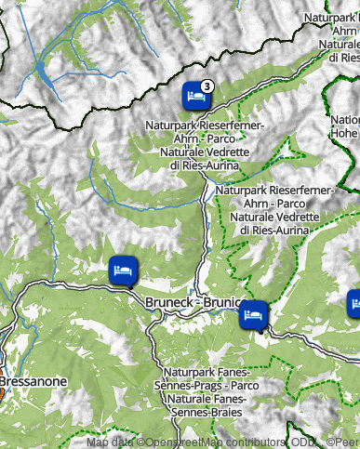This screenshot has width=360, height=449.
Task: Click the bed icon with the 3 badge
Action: coord(195,96)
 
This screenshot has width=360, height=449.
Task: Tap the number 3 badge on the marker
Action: coord(207,85)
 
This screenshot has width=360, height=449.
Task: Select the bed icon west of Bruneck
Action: coord(122,270)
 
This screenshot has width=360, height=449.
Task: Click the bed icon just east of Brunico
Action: coord(252,316)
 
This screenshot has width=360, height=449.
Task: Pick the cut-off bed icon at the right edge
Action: coord(354,303)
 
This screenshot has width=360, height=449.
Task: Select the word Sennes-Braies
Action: coord(205,411)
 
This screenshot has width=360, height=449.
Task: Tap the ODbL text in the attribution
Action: coord(304,442)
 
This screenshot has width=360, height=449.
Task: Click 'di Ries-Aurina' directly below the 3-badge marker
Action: coord(205,165)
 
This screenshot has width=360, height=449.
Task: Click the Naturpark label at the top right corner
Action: coord(330,18)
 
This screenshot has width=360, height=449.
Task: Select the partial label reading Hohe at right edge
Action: coord(345,133)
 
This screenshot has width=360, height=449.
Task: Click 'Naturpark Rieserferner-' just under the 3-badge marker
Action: coord(205,125)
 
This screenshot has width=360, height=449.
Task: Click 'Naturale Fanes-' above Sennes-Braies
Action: coord(205,398)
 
